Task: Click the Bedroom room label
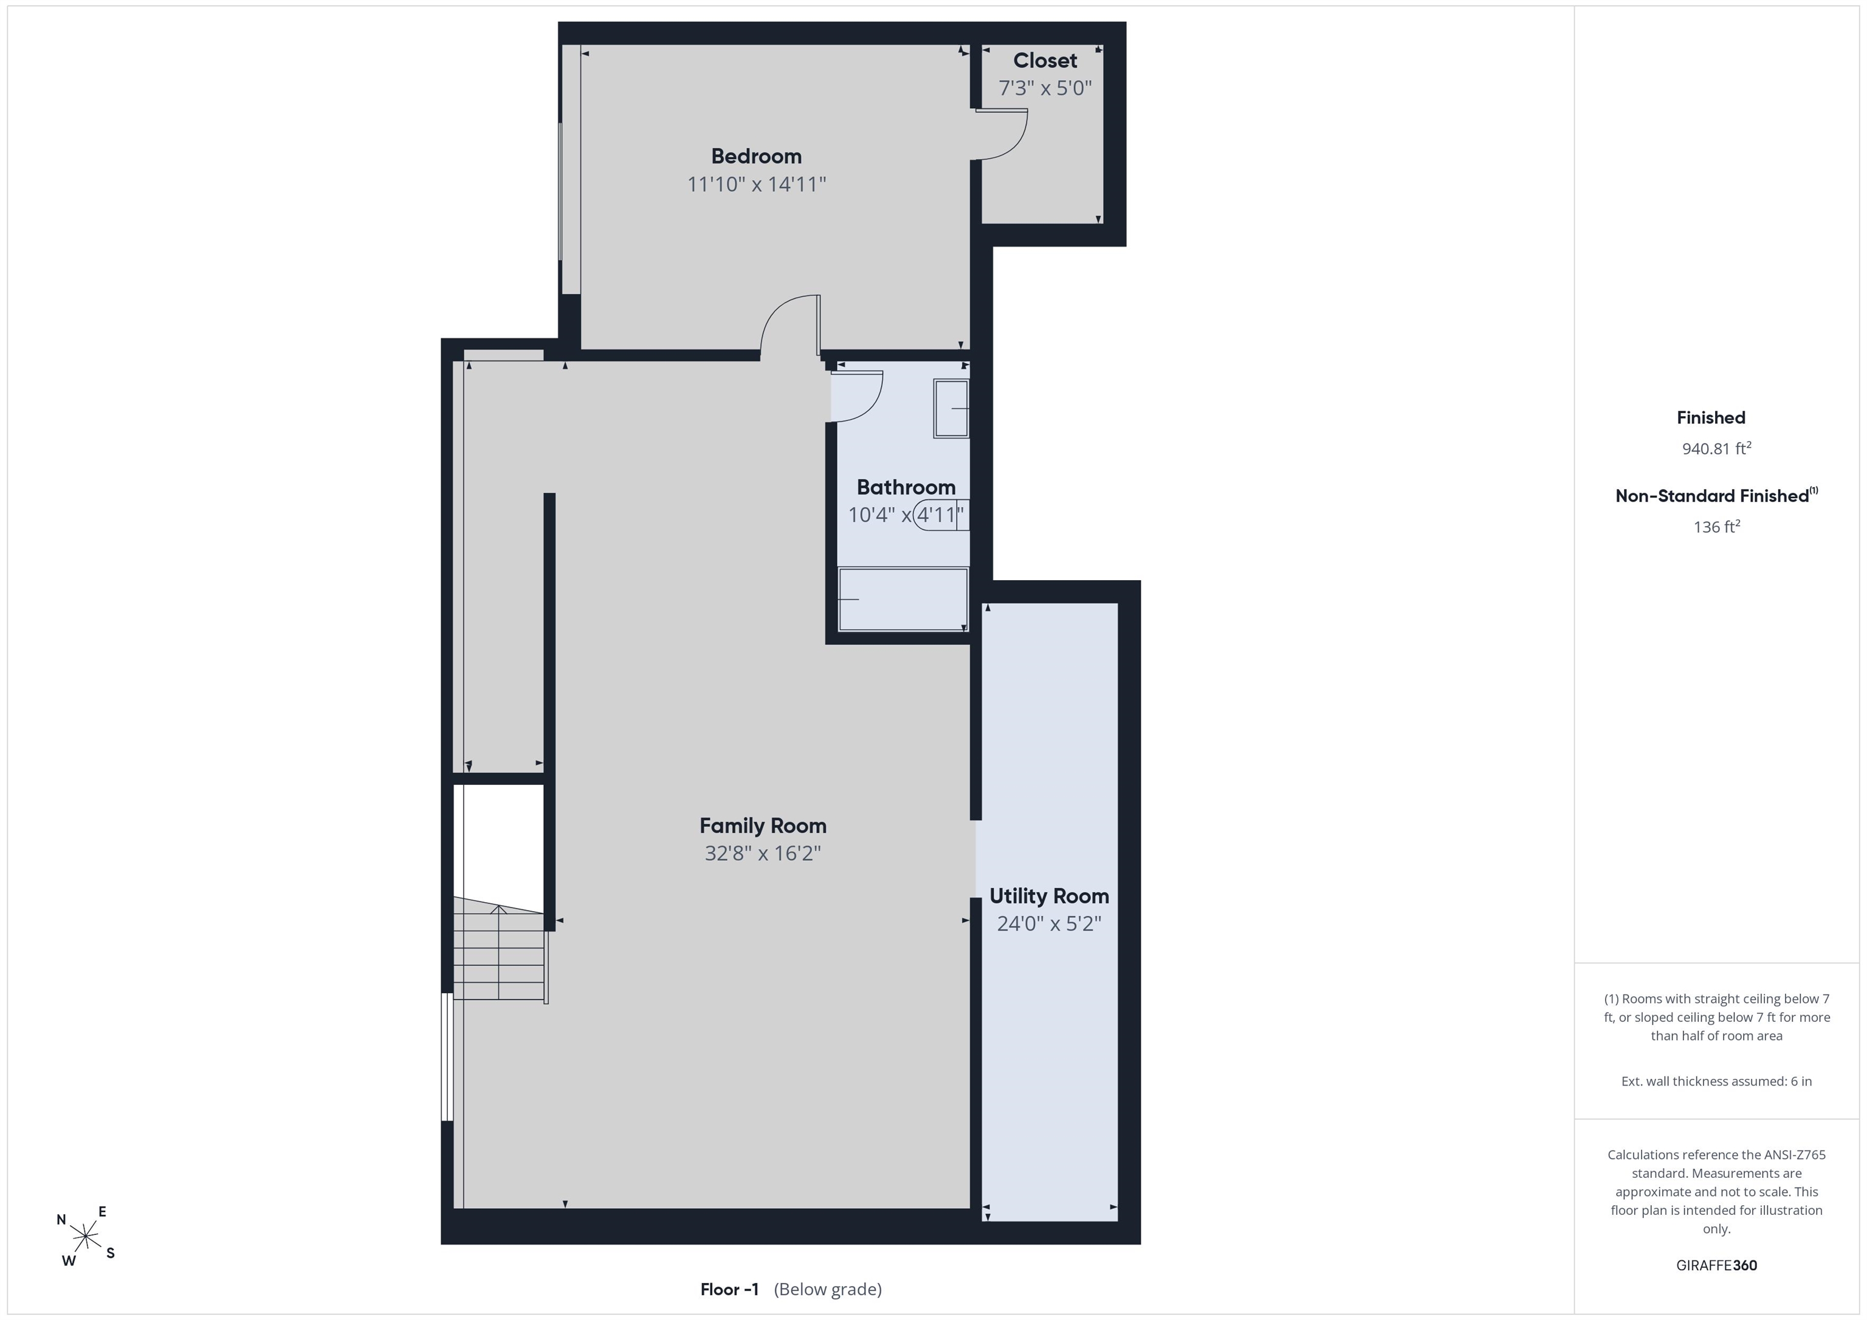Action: click(756, 156)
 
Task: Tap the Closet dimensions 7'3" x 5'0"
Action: click(1045, 88)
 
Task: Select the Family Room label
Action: click(763, 826)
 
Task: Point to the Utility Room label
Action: click(1049, 896)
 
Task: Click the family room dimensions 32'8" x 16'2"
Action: click(763, 853)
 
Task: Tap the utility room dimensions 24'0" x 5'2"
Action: click(1049, 923)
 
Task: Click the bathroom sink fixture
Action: click(951, 409)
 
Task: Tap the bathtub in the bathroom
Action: click(903, 599)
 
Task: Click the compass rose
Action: click(85, 1236)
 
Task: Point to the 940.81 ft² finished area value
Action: click(1716, 448)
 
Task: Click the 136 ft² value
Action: click(1716, 527)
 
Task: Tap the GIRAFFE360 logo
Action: click(1716, 1265)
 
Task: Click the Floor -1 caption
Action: click(729, 1289)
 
